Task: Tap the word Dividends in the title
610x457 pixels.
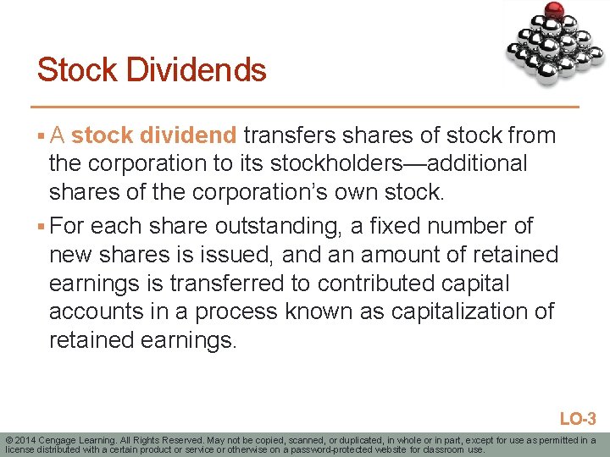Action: point(197,69)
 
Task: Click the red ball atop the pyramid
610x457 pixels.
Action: point(555,10)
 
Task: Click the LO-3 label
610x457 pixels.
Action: point(579,419)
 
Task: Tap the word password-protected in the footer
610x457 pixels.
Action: point(345,449)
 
